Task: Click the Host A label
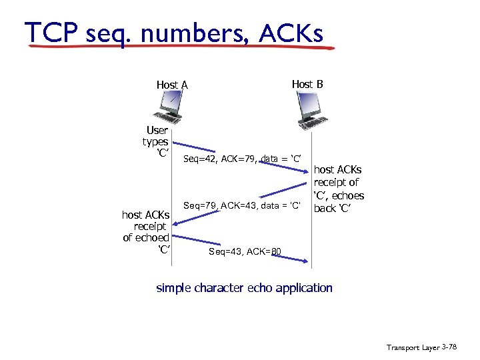[172, 85]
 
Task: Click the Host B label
[307, 84]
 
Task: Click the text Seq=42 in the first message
[197, 158]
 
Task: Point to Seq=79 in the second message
[198, 206]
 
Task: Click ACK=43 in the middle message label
[234, 206]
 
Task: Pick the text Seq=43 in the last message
[223, 251]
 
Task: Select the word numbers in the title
[199, 32]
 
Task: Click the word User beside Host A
[157, 130]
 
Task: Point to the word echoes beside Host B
[347, 195]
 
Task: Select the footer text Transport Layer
[411, 347]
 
